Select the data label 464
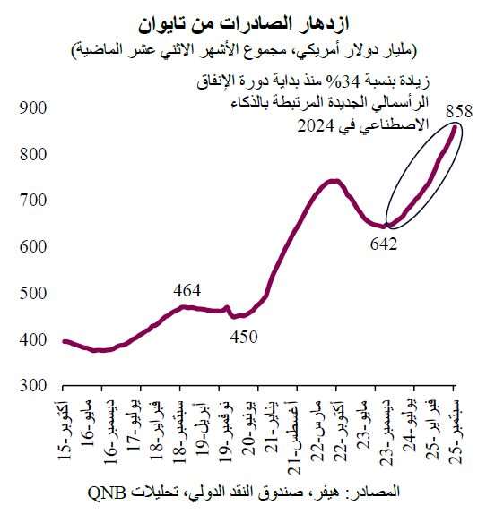187,290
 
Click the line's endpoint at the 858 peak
455,128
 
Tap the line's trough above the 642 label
385,227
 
